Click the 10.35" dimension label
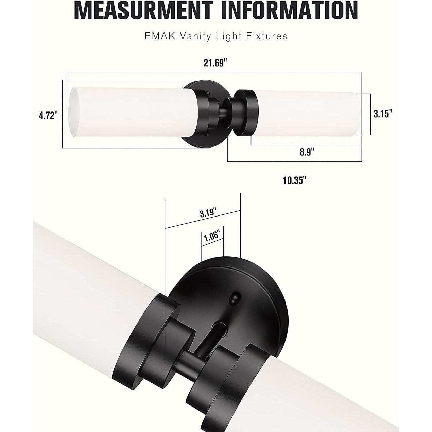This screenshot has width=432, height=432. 294,180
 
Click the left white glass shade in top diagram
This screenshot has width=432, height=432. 129,112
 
